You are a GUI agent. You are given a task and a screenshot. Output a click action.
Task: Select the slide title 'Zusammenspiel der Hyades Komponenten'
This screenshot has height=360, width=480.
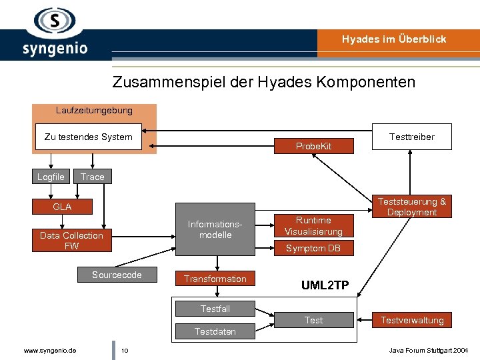[x=263, y=83]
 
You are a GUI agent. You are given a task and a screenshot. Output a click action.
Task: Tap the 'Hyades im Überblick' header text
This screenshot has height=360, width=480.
[x=394, y=39]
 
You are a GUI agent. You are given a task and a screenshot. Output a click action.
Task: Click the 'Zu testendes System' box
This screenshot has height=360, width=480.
[x=88, y=137]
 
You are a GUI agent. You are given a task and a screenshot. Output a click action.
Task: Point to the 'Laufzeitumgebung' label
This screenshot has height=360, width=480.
[x=94, y=110]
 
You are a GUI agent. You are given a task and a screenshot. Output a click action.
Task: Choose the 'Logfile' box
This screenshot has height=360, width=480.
[x=51, y=177]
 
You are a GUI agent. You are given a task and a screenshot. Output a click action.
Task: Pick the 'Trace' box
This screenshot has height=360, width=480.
[x=93, y=177]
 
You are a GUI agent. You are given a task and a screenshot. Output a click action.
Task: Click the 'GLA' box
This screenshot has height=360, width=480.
[x=63, y=207]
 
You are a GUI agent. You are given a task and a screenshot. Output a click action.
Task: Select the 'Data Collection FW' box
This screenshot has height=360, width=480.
[x=71, y=241]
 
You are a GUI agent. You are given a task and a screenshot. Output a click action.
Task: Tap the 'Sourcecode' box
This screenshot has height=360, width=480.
[x=117, y=275]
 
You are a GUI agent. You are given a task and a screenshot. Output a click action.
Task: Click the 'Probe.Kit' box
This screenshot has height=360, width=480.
[x=313, y=146]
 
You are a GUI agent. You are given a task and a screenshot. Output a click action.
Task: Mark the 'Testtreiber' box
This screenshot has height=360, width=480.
[x=411, y=137]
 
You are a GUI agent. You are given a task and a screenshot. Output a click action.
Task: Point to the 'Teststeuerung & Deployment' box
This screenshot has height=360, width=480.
[x=411, y=207]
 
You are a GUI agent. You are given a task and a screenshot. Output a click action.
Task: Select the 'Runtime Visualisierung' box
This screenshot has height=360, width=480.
[x=313, y=226]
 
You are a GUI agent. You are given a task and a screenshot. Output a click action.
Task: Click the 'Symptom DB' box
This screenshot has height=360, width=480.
[x=313, y=248]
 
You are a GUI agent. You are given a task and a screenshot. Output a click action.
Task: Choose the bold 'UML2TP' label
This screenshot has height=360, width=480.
[x=325, y=285]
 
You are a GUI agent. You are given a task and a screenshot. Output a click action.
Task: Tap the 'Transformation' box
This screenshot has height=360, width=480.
[x=215, y=279]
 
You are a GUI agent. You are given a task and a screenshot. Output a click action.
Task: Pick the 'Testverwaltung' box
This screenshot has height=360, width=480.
[x=411, y=320]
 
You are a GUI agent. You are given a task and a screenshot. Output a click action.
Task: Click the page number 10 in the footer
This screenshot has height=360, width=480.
[x=125, y=350]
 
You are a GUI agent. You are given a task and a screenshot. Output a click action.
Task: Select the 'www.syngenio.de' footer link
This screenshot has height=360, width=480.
[x=49, y=350]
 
